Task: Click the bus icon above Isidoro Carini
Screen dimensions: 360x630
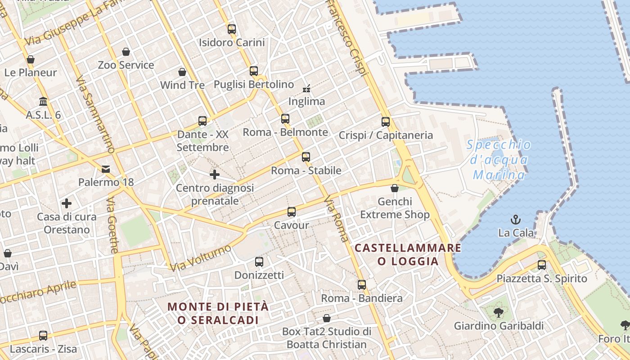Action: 232,29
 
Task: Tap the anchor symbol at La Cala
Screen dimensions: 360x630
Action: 516,220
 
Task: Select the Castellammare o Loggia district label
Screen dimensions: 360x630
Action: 408,254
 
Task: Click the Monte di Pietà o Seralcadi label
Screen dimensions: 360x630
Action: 218,313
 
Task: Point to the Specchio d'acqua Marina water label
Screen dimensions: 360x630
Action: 499,160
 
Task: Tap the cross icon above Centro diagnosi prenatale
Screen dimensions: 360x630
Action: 215,175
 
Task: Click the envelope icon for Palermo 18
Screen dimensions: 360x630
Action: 106,169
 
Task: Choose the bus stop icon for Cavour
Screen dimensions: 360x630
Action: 292,212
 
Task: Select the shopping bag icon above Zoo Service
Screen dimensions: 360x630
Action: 126,52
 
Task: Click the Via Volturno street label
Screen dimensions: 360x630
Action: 201,258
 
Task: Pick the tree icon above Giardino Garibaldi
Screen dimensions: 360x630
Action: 498,312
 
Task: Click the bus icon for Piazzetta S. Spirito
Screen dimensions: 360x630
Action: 542,265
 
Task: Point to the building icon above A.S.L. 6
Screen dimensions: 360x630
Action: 43,102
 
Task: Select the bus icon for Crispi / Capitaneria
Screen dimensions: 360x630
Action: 386,121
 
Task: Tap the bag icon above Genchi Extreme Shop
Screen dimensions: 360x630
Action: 395,188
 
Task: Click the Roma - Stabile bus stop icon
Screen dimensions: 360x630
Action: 306,157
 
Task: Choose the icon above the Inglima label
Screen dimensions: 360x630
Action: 306,89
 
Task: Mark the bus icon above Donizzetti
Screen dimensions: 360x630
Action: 259,262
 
